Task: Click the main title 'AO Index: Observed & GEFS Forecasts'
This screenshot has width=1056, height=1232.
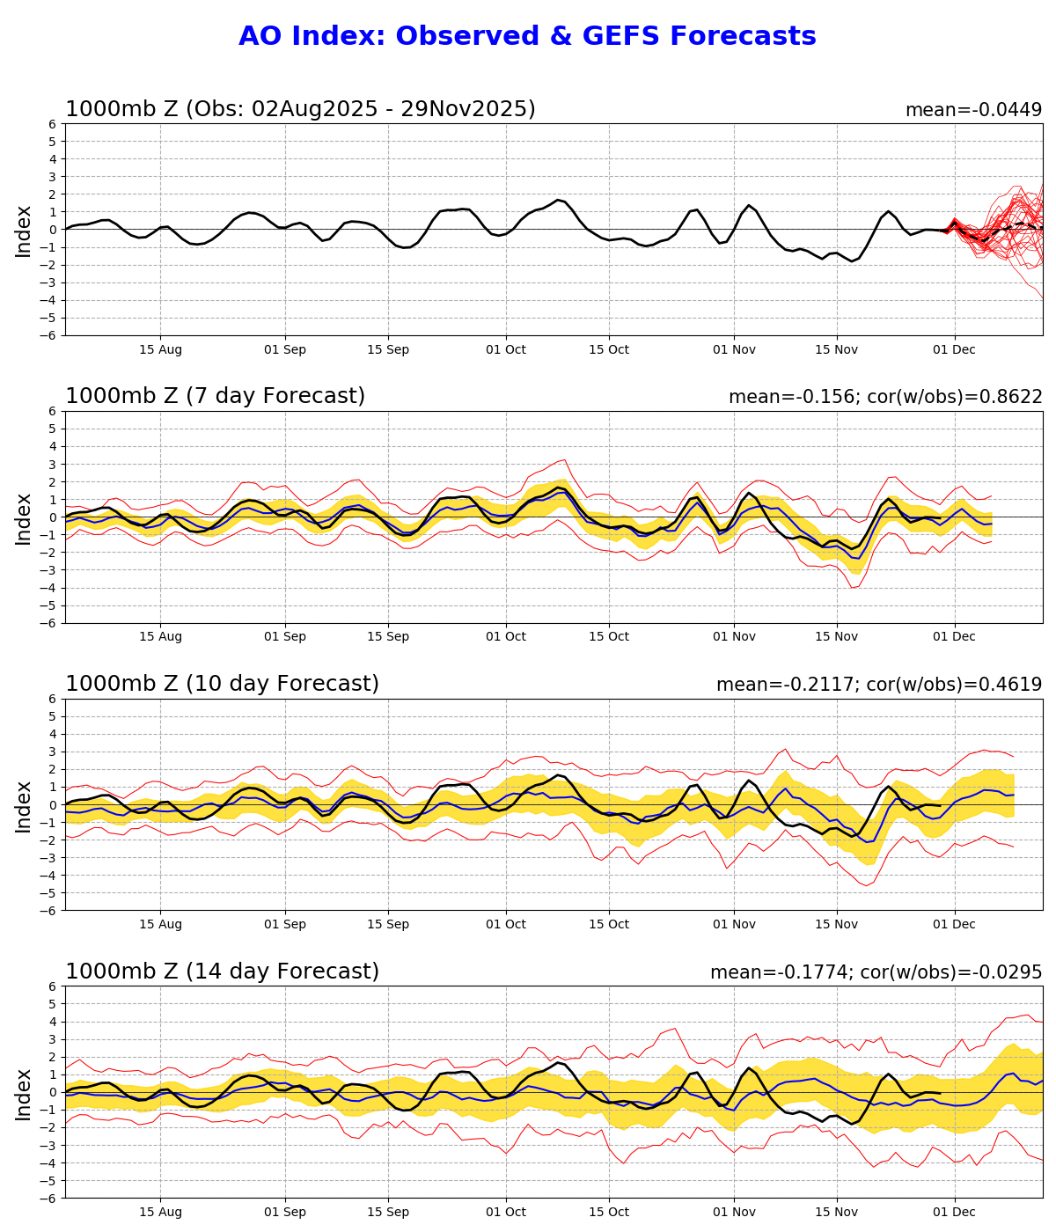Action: pos(527,36)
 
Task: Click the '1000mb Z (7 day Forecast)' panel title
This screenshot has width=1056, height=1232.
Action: pos(215,396)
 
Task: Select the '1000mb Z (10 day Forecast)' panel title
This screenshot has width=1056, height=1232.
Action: pos(222,684)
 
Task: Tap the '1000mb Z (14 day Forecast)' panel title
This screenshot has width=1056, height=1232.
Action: pos(222,972)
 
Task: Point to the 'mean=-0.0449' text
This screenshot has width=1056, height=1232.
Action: pos(973,110)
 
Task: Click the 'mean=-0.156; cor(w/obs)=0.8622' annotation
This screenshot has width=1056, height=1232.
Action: pos(885,397)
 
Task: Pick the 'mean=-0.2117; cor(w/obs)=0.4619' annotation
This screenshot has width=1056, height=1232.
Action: pos(879,685)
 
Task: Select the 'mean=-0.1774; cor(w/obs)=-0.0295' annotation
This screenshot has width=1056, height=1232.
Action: pos(876,972)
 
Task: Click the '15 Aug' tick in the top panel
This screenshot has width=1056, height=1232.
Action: pos(160,349)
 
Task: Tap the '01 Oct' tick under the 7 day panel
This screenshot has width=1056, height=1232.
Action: pos(505,636)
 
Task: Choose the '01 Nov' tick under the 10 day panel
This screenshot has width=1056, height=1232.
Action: pos(734,924)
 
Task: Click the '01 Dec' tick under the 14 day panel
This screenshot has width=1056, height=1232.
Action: pos(954,1212)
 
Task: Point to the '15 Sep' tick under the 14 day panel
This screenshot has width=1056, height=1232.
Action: pos(388,1212)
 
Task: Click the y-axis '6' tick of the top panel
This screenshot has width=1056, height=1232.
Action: pos(54,124)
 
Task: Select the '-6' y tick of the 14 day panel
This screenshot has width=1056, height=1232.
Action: pos(50,1199)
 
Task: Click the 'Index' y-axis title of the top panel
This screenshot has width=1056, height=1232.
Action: pos(24,231)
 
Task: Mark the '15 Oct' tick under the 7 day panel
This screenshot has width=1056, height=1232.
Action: pos(608,636)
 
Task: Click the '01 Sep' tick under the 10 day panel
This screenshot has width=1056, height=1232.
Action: pos(285,924)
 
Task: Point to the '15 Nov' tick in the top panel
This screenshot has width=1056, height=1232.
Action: pos(836,349)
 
